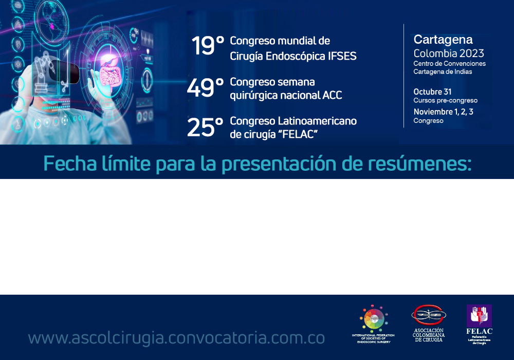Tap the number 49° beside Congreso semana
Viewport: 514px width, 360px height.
pos(205,88)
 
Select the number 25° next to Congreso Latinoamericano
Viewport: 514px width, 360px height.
pos(205,128)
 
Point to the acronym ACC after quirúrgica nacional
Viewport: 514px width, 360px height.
pos(333,95)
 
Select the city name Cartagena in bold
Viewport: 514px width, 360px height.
pos(443,40)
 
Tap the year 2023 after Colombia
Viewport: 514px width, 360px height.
pos(472,53)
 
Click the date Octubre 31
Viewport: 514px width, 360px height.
pos(432,92)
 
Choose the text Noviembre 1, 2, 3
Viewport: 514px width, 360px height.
pos(443,112)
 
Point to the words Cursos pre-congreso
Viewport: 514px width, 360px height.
pos(445,100)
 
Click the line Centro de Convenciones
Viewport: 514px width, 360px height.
pos(449,63)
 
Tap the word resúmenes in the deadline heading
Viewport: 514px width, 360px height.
pos(426,163)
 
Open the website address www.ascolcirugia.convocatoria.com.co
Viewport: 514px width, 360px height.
pos(176,338)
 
